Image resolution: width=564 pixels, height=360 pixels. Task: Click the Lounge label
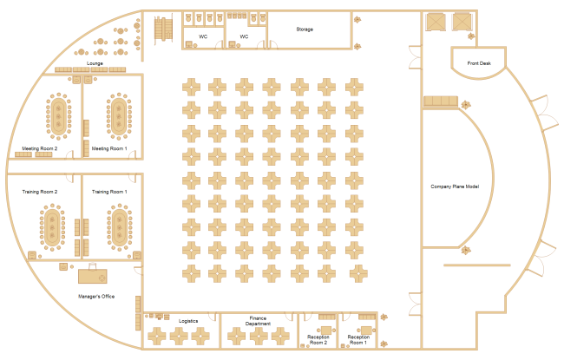coord(95,63)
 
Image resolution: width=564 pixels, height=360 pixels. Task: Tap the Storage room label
coord(305,29)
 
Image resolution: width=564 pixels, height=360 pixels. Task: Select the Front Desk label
coord(478,63)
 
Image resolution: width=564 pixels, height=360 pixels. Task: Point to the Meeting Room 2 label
coord(40,148)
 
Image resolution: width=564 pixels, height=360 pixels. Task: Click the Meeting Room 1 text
coord(109,148)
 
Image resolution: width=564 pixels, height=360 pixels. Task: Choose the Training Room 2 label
coord(40,191)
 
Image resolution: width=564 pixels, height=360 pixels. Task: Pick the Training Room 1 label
coord(109,191)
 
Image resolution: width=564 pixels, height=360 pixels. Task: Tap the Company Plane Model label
coord(455,187)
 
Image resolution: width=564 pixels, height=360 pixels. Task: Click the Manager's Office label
coord(96,297)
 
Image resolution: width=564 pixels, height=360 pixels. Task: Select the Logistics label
coord(188,321)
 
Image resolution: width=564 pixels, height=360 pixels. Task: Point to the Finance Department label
coord(258,320)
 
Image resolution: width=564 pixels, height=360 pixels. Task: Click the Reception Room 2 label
coord(318,339)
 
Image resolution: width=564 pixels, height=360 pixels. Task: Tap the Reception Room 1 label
coord(357,339)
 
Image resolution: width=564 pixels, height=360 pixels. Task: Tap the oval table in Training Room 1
coord(117,226)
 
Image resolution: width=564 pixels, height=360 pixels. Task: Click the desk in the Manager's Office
coord(92,275)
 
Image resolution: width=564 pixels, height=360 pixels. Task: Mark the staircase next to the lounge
coord(161,30)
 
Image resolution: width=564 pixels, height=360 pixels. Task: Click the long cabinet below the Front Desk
coord(442,102)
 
